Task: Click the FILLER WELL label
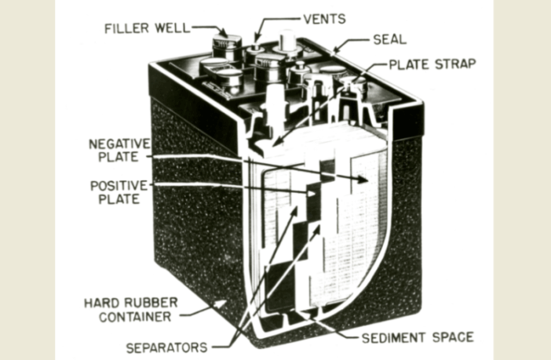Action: point(148,28)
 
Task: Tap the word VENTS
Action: point(325,19)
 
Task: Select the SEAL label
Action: point(390,39)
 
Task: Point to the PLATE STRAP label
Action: point(432,64)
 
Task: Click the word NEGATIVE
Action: point(119,144)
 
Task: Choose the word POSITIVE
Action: point(119,185)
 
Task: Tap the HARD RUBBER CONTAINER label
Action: point(131,310)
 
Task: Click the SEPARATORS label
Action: point(166,347)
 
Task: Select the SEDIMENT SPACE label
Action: point(418,337)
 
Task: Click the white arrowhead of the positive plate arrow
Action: point(312,194)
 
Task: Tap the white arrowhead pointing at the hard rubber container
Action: point(221,303)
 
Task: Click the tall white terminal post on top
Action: point(287,41)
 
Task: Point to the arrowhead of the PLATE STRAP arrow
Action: point(277,142)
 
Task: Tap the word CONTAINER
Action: point(135,317)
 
